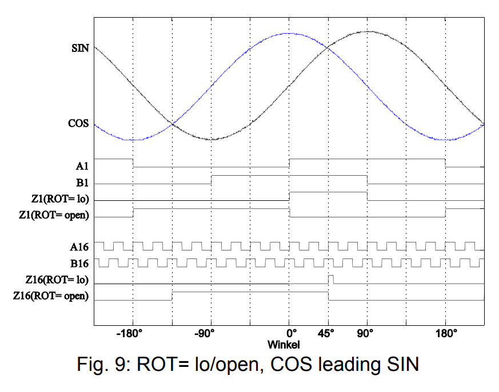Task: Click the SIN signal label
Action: [80, 48]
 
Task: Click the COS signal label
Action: [79, 124]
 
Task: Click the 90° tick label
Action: [367, 334]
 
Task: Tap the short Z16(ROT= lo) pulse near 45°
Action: [331, 280]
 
